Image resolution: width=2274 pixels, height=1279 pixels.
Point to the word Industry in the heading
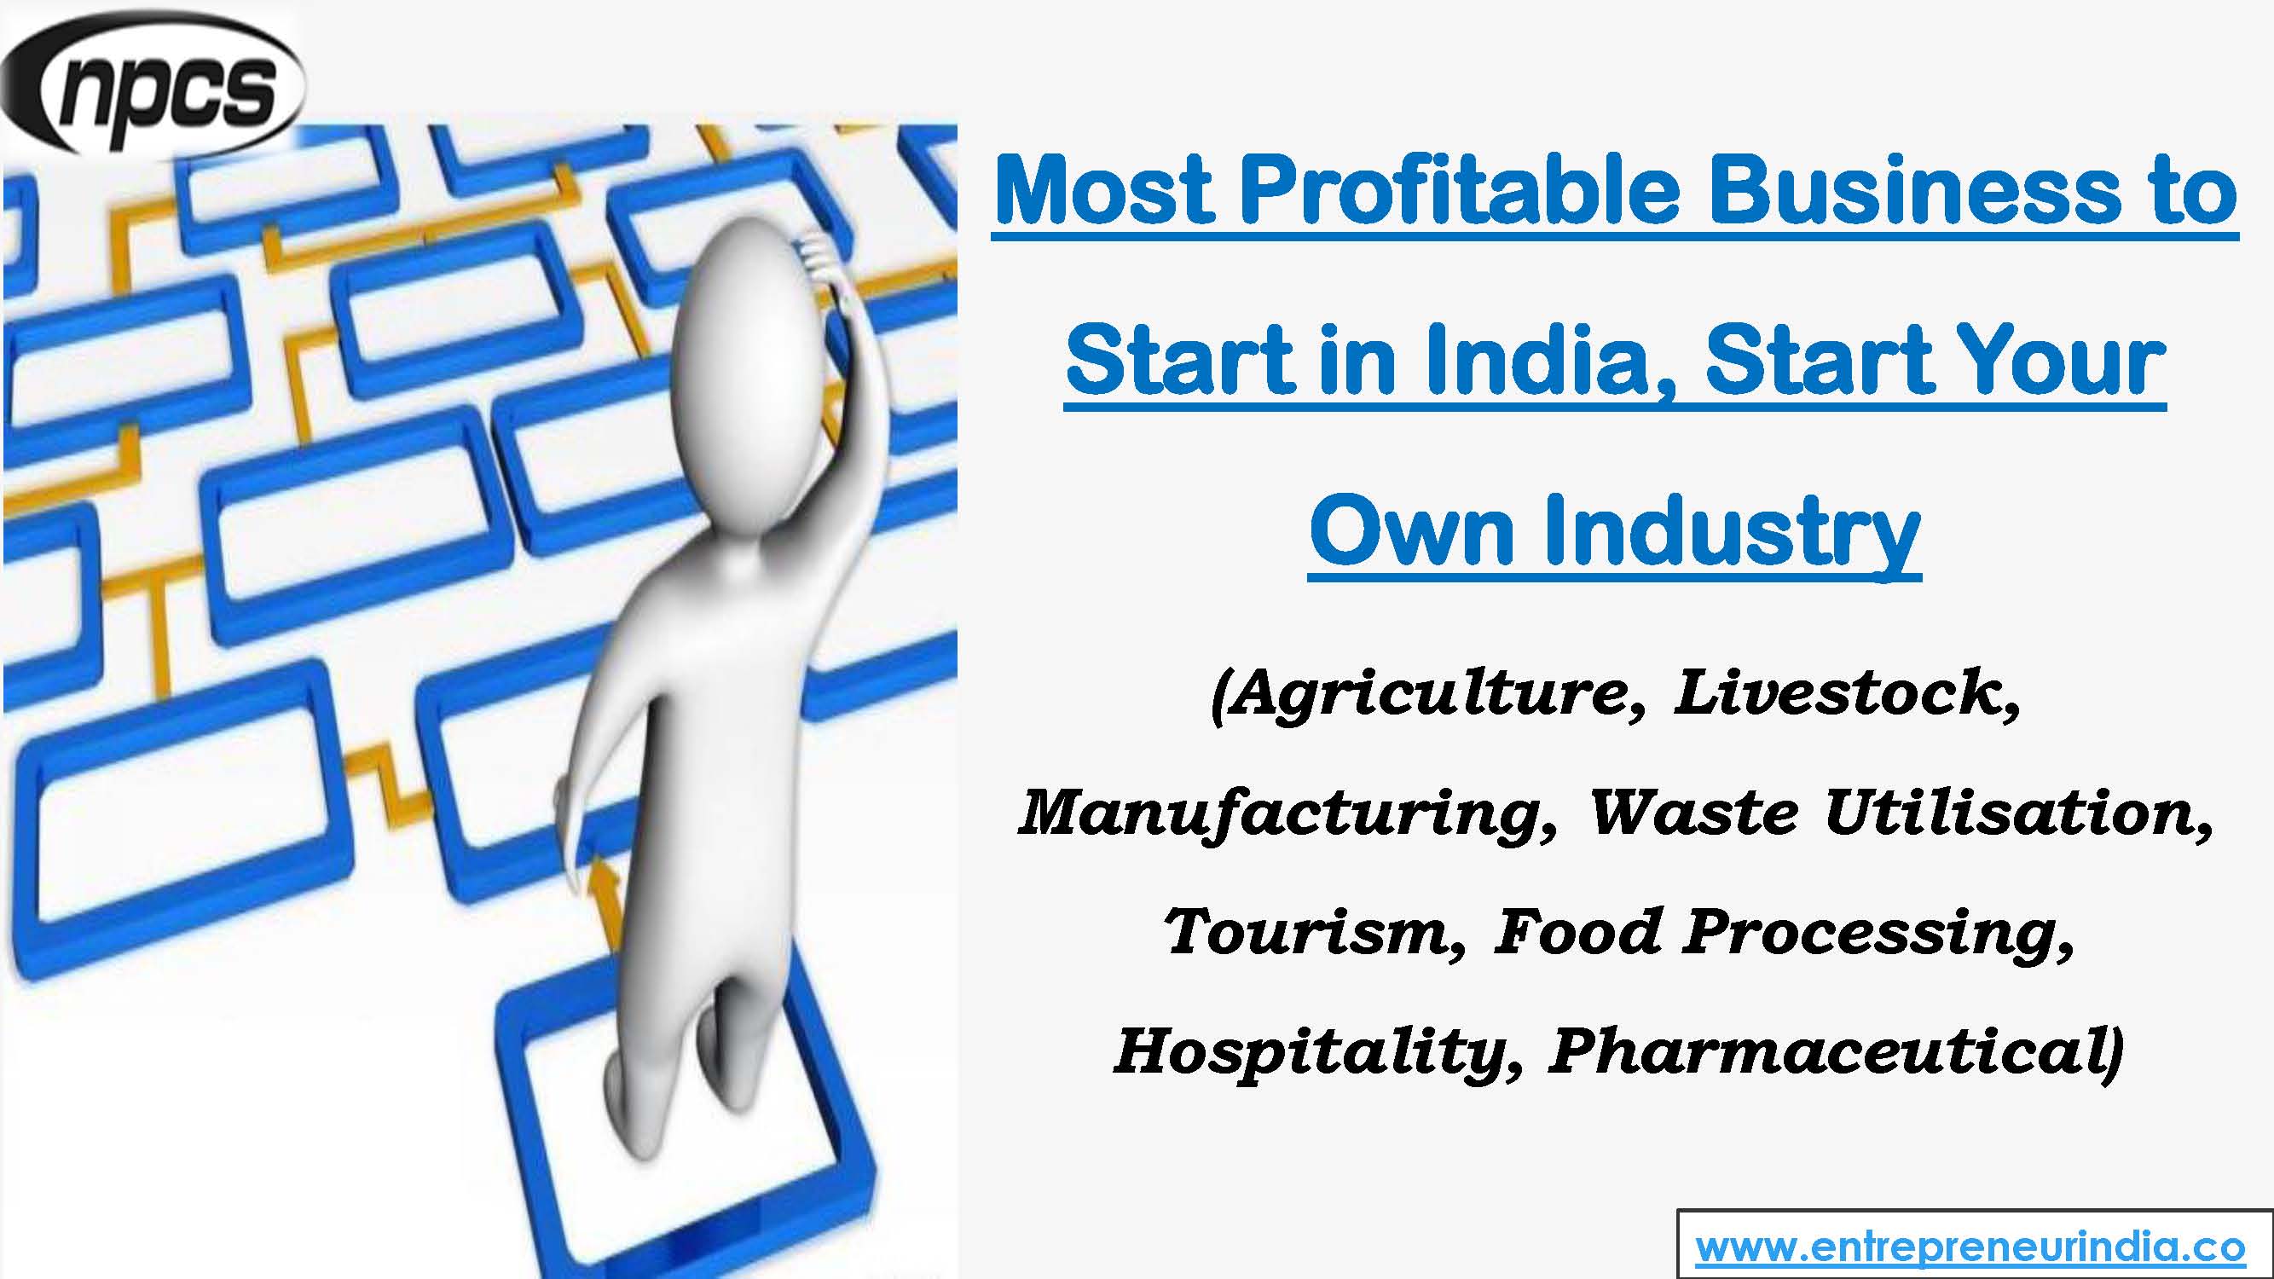[1730, 532]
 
